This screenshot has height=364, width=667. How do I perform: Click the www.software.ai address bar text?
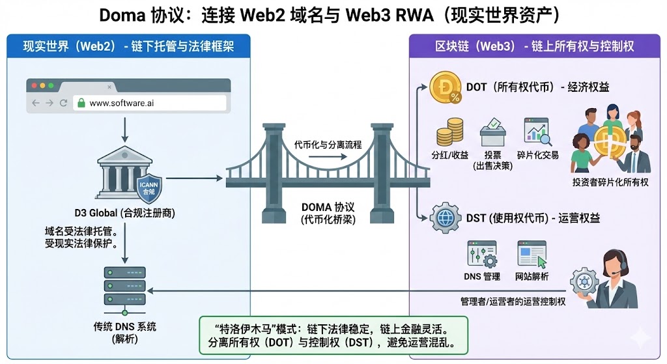click(122, 103)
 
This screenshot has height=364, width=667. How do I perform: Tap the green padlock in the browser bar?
click(81, 103)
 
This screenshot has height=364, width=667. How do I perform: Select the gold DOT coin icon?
click(446, 87)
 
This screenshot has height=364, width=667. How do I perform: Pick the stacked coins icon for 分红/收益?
click(445, 135)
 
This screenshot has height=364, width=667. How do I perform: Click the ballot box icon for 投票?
click(493, 133)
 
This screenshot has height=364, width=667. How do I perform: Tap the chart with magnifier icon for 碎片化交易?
click(537, 132)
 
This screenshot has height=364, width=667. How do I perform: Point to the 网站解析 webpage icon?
click(532, 255)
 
